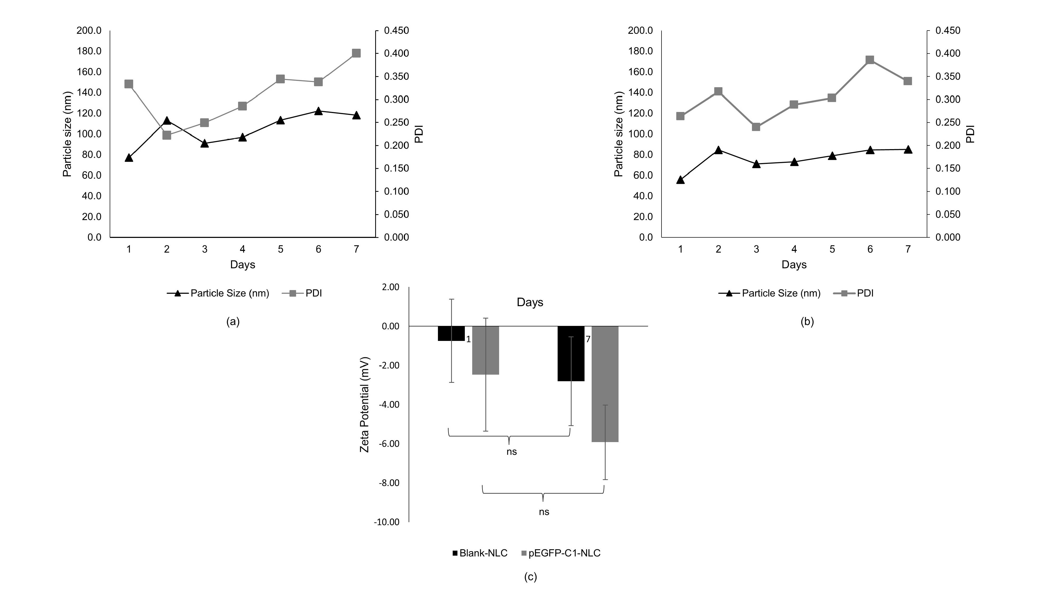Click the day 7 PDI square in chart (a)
356,53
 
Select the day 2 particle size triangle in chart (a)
167,121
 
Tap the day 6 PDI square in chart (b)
870,60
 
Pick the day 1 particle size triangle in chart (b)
680,180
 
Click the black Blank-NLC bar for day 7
571,354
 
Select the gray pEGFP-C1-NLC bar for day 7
605,384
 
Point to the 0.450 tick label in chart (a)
396,31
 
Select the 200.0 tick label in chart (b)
640,31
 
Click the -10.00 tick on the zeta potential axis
387,522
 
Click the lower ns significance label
544,512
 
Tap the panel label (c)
530,577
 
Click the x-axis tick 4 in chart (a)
242,249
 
